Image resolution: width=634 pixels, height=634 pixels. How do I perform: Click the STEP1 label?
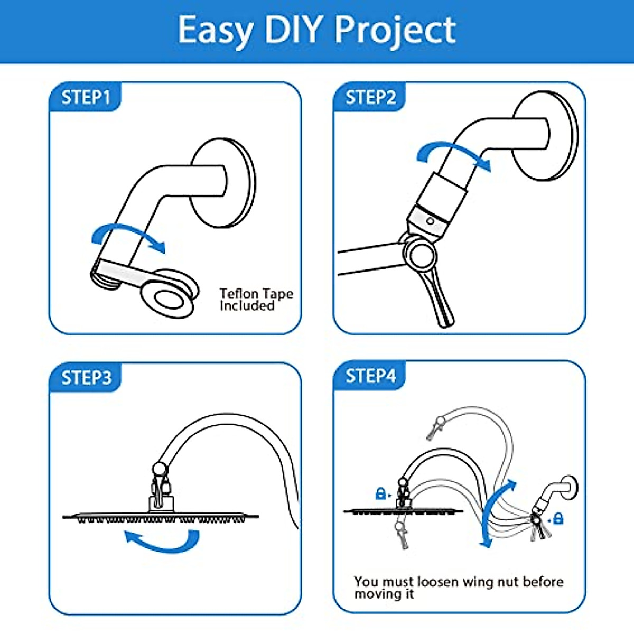click(x=86, y=97)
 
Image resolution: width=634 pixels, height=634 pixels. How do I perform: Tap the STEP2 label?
click(x=370, y=97)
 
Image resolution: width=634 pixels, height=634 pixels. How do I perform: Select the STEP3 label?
click(x=86, y=378)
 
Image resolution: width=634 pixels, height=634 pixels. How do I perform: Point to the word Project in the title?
click(x=395, y=31)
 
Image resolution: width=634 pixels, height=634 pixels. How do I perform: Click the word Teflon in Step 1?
click(x=239, y=294)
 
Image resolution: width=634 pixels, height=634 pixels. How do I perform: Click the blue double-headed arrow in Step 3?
click(x=163, y=542)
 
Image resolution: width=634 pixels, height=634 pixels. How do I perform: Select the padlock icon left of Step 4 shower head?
click(x=380, y=493)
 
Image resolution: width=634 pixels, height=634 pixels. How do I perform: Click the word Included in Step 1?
click(x=247, y=306)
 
